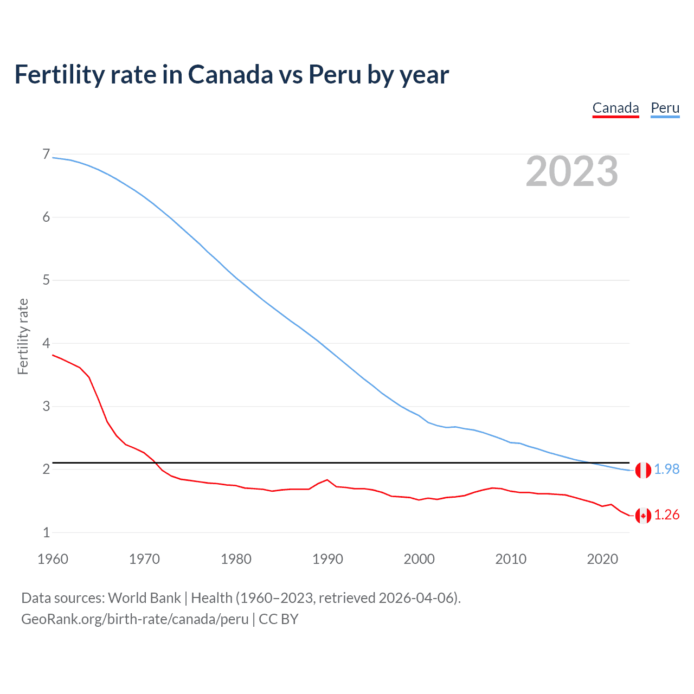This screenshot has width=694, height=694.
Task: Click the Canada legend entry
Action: pyautogui.click(x=615, y=108)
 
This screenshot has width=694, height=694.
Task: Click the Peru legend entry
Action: pyautogui.click(x=665, y=108)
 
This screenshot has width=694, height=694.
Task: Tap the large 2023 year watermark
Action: pyautogui.click(x=571, y=171)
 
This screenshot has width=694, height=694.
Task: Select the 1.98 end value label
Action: pyautogui.click(x=666, y=470)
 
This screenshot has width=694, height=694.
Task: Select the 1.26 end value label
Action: pyautogui.click(x=666, y=515)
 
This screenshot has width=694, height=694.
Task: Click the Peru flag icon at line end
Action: pyautogui.click(x=643, y=470)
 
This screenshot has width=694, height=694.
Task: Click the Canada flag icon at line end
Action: pyautogui.click(x=643, y=516)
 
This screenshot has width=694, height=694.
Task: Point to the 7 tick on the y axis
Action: pyautogui.click(x=46, y=155)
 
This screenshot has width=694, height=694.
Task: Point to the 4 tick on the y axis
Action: pyautogui.click(x=46, y=343)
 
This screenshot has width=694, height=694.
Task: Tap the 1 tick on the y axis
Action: pyautogui.click(x=46, y=532)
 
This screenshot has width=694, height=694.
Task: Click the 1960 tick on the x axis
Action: pyautogui.click(x=53, y=559)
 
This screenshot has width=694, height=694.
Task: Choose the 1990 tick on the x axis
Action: pyautogui.click(x=327, y=559)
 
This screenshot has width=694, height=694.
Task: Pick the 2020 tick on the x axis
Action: pyautogui.click(x=602, y=559)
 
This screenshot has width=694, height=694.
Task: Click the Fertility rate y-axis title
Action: pyautogui.click(x=23, y=336)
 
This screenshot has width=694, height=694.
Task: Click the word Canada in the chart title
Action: pyautogui.click(x=230, y=75)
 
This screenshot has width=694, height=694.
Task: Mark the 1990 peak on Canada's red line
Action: pyautogui.click(x=327, y=480)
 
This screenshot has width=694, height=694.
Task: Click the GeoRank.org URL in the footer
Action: pyautogui.click(x=134, y=619)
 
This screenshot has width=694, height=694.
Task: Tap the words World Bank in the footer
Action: pyautogui.click(x=144, y=598)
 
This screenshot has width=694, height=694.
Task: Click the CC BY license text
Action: pyautogui.click(x=279, y=619)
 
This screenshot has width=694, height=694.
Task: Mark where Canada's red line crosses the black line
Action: pyautogui.click(x=155, y=462)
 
